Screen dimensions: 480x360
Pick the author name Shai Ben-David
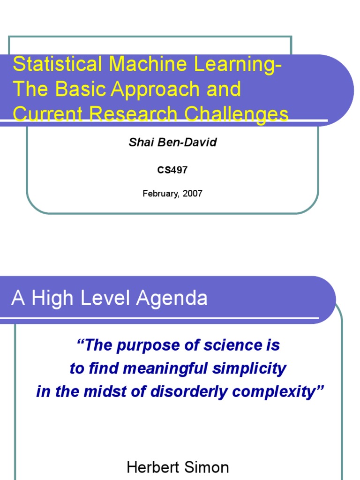pyautogui.click(x=172, y=142)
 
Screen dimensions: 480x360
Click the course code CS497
pyautogui.click(x=172, y=170)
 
